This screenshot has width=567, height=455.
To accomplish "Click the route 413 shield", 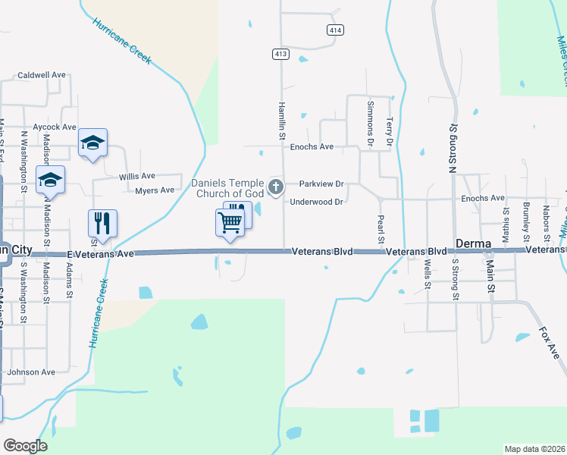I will pos(280,54).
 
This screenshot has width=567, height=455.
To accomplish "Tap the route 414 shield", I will pos(334,30).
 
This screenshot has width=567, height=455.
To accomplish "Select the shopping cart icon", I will pos(230,221).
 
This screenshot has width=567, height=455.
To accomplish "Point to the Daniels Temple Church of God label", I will pos(227,187).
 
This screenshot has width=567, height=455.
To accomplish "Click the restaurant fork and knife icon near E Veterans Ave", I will pos(102,223).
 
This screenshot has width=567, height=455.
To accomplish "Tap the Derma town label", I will pos(475,243).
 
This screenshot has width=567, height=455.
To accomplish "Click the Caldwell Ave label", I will pos(42,76).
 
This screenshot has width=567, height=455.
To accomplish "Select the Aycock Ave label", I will pos(55,127).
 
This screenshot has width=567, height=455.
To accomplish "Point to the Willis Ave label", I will pos(137,176).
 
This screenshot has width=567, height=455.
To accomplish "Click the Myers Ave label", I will pos(155,190).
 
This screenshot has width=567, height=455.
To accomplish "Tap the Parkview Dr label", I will pos(321,184).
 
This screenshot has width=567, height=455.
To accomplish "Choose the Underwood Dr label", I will pos(318,202).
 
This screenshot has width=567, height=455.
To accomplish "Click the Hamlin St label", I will pos(281,121).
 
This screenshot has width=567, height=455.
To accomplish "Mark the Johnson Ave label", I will pos(31,372).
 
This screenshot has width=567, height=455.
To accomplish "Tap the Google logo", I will pos(25,446).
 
